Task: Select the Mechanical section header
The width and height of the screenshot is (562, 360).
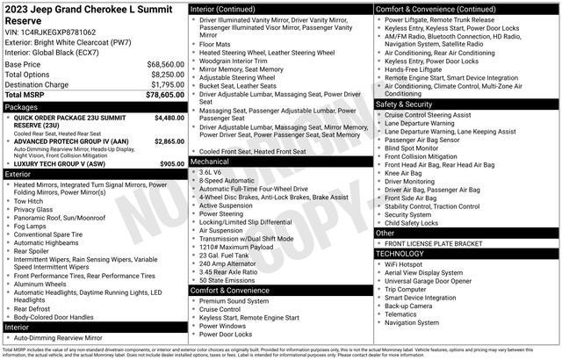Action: pyautogui.click(x=211, y=162)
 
